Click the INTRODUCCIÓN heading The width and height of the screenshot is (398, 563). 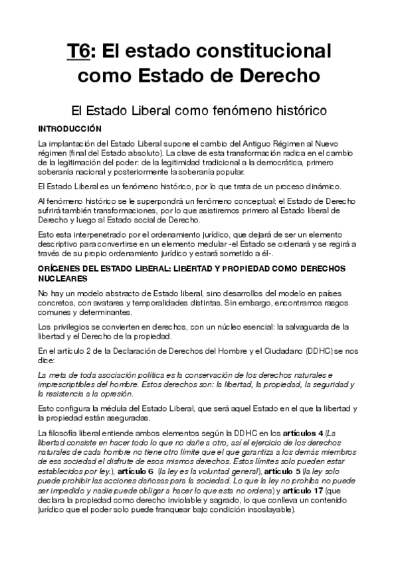pos(70,127)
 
